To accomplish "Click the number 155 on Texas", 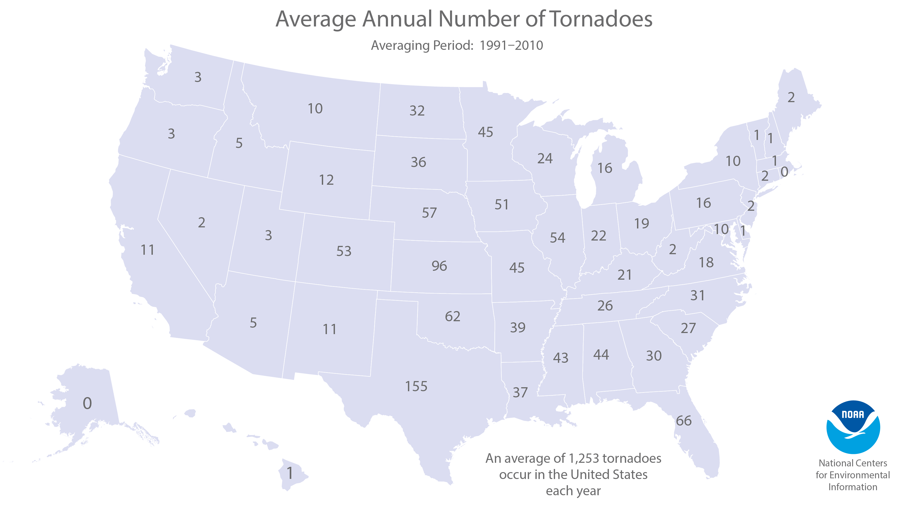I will pyautogui.click(x=416, y=386).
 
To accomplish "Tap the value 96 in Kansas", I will pyautogui.click(x=439, y=266).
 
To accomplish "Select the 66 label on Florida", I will pyautogui.click(x=684, y=421).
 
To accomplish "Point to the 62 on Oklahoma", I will pyautogui.click(x=452, y=316).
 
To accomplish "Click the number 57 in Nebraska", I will pyautogui.click(x=429, y=213).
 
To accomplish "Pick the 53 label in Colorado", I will pyautogui.click(x=344, y=251).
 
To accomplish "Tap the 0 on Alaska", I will pyautogui.click(x=87, y=403).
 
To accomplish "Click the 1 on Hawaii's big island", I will pyautogui.click(x=290, y=473).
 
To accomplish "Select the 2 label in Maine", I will pyautogui.click(x=791, y=98).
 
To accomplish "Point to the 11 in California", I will pyautogui.click(x=148, y=250).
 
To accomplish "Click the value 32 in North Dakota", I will pyautogui.click(x=417, y=111).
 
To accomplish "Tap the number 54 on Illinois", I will pyautogui.click(x=557, y=238).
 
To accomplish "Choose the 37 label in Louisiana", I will pyautogui.click(x=520, y=392).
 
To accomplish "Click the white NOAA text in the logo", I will pyautogui.click(x=853, y=415).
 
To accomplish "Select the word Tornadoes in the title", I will pyautogui.click(x=601, y=19).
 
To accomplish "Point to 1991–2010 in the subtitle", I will pyautogui.click(x=511, y=45).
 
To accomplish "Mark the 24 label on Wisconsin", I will pyautogui.click(x=545, y=159).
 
